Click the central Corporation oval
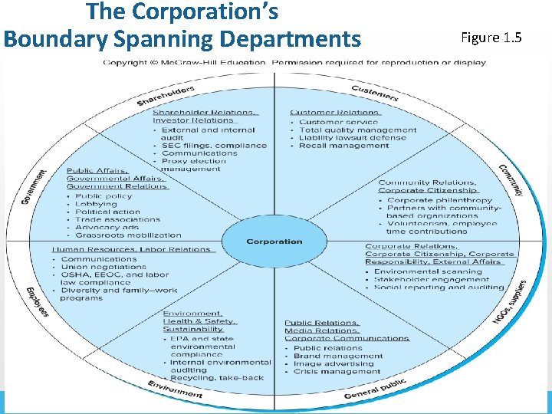(x=274, y=242)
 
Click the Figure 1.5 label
(x=491, y=38)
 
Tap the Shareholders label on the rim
(x=166, y=97)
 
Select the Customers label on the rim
(x=374, y=94)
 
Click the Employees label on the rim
(x=37, y=301)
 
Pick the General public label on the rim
(x=375, y=389)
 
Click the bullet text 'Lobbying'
(x=97, y=205)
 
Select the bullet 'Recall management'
(x=333, y=146)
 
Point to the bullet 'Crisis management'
(x=337, y=372)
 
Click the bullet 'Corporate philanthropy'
(x=439, y=200)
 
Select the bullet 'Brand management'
(x=338, y=356)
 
